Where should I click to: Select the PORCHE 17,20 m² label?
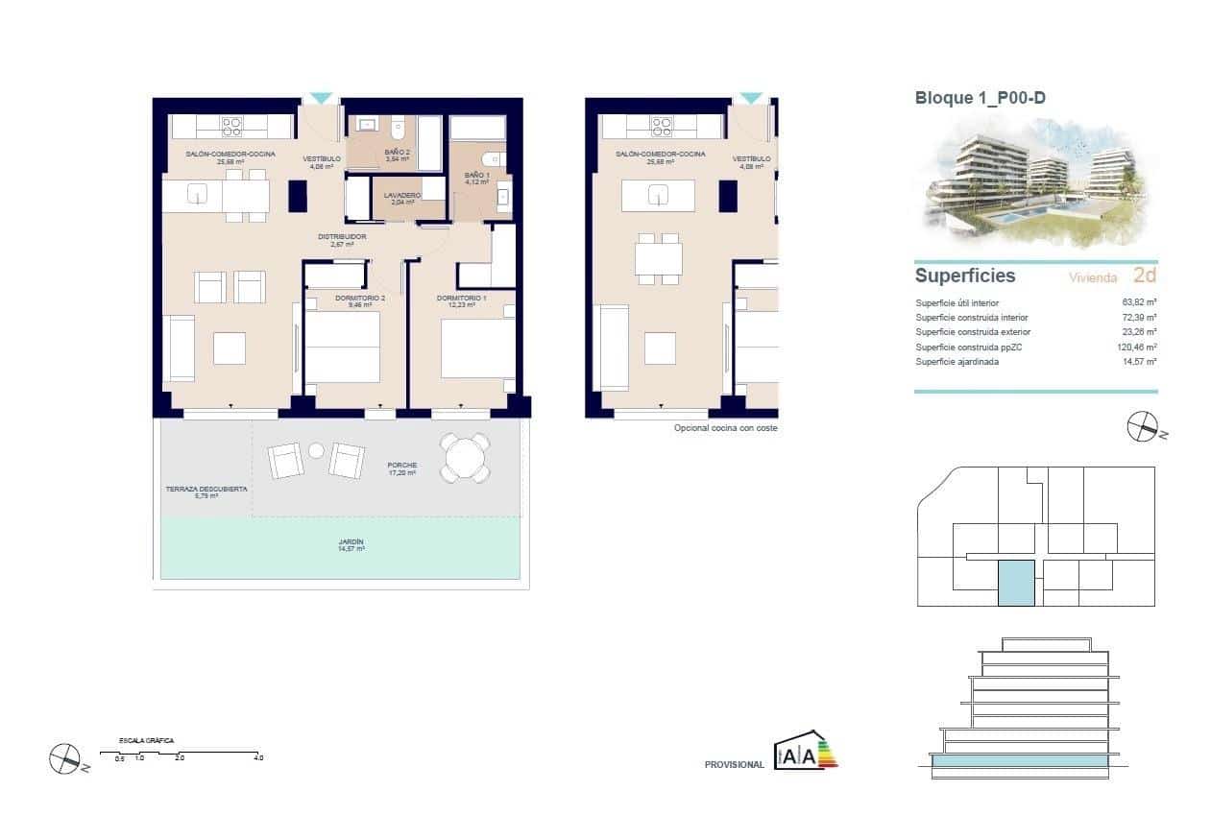tap(402, 468)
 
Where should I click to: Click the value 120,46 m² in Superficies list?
tap(1137, 348)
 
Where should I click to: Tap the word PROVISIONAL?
tap(734, 765)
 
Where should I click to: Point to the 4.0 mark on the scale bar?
tap(258, 757)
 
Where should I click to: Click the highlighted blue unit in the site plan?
tap(1016, 583)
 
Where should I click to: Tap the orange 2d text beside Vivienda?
tap(1144, 276)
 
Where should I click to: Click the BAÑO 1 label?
tap(476, 178)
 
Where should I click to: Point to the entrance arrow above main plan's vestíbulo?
tap(321, 98)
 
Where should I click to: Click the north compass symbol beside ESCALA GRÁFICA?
tap(64, 759)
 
